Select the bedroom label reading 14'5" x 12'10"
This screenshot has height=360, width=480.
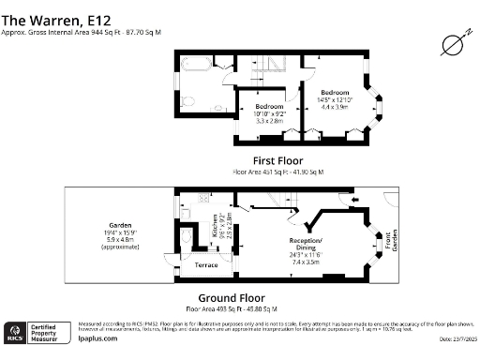point(336,99)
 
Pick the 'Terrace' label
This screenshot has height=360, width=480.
point(205,264)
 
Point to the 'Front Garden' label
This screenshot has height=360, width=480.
point(381,241)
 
